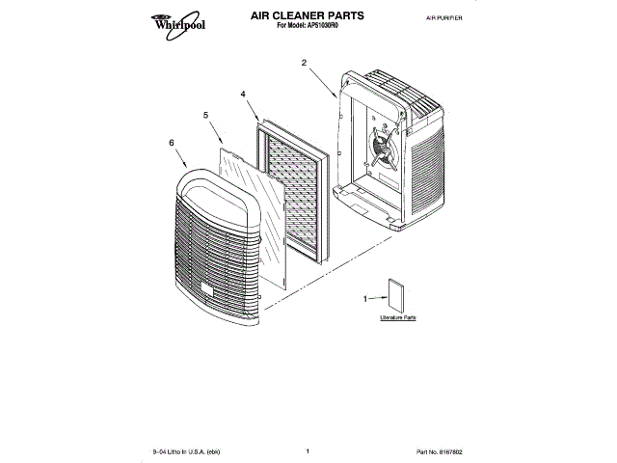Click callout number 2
point(304,63)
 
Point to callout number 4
point(243,95)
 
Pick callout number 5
point(205,116)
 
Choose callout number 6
point(172,143)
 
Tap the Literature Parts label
point(396,317)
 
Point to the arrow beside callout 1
point(378,299)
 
